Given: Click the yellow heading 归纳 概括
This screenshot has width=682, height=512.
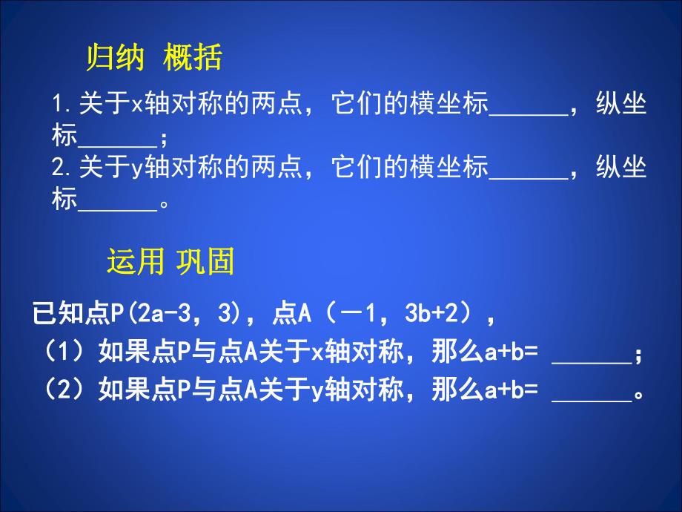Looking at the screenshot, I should [154, 59].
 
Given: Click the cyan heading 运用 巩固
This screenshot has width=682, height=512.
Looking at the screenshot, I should [170, 261].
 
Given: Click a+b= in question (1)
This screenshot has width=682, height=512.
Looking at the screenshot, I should [506, 354].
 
